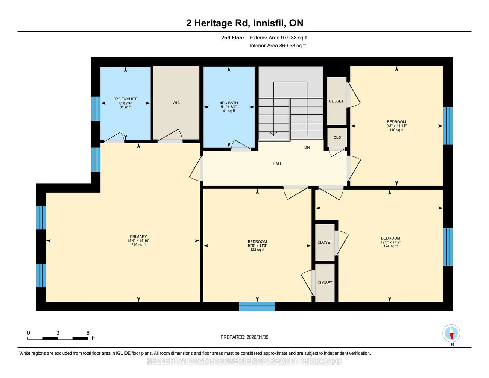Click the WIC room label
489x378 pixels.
point(176,103)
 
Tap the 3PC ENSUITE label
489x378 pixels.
point(125,99)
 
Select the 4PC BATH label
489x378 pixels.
point(229,103)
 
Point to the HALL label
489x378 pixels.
point(277,164)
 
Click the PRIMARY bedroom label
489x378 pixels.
point(138,237)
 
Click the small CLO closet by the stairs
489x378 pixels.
point(337,138)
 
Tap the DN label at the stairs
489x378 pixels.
point(307,147)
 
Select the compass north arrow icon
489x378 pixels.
point(451,334)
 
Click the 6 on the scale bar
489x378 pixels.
point(88,333)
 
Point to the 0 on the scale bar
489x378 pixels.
point(29,333)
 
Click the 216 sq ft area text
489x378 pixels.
point(138,245)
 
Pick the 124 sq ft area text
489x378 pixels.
point(390,246)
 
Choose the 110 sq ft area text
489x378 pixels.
point(396,130)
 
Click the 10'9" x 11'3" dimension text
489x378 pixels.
point(257,246)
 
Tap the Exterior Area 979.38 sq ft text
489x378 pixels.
point(278,38)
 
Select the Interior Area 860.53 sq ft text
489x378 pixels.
point(278,46)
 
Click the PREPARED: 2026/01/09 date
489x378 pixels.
point(244,337)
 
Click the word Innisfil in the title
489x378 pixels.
point(269,23)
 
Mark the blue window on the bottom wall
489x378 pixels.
point(257,307)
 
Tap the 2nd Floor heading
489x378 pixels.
point(232,38)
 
